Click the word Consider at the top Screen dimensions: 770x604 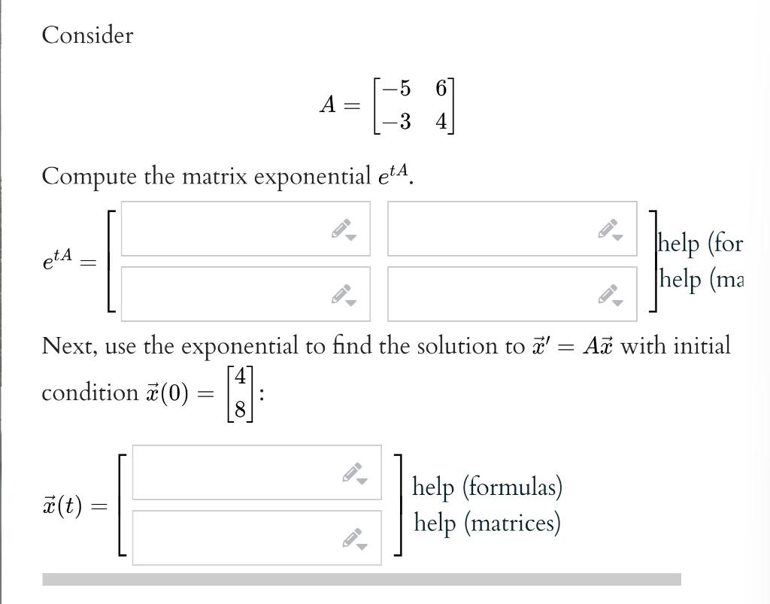(87, 35)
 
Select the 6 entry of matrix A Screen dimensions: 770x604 (441, 89)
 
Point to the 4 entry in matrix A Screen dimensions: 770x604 (441, 120)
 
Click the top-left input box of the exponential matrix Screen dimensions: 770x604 (226, 229)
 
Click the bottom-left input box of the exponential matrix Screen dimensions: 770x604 (226, 293)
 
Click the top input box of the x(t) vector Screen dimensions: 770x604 (237, 472)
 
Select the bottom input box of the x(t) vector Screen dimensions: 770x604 (237, 537)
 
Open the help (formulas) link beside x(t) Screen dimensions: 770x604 (487, 487)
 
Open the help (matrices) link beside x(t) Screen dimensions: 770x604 (487, 522)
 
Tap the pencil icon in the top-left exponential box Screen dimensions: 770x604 (343, 229)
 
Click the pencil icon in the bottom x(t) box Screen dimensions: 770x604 (354, 539)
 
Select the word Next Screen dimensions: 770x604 (68, 346)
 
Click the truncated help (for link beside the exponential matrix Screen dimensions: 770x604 (700, 244)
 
